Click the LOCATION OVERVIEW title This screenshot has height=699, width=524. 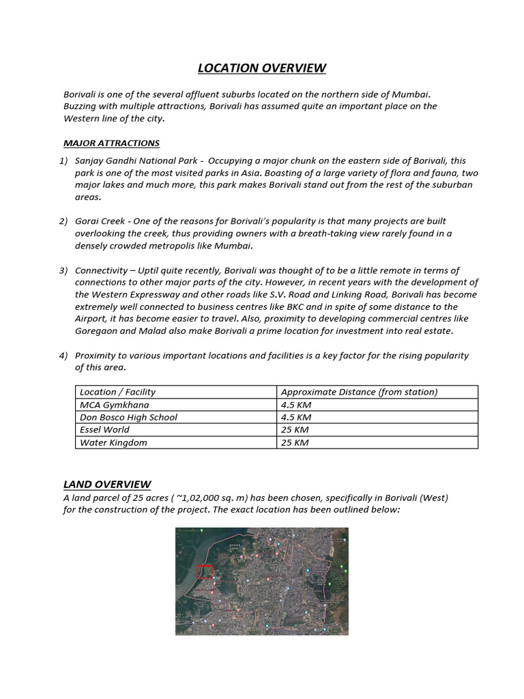(262, 68)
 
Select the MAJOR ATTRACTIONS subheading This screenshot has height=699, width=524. (111, 143)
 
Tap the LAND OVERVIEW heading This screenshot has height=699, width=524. (107, 485)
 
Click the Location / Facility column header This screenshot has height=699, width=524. (118, 392)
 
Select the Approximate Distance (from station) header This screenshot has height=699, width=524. (359, 392)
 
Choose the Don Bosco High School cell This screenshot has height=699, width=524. (128, 417)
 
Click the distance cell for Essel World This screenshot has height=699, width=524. (295, 430)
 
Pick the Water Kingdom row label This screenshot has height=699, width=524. (113, 442)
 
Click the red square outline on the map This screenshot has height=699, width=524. (205, 571)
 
